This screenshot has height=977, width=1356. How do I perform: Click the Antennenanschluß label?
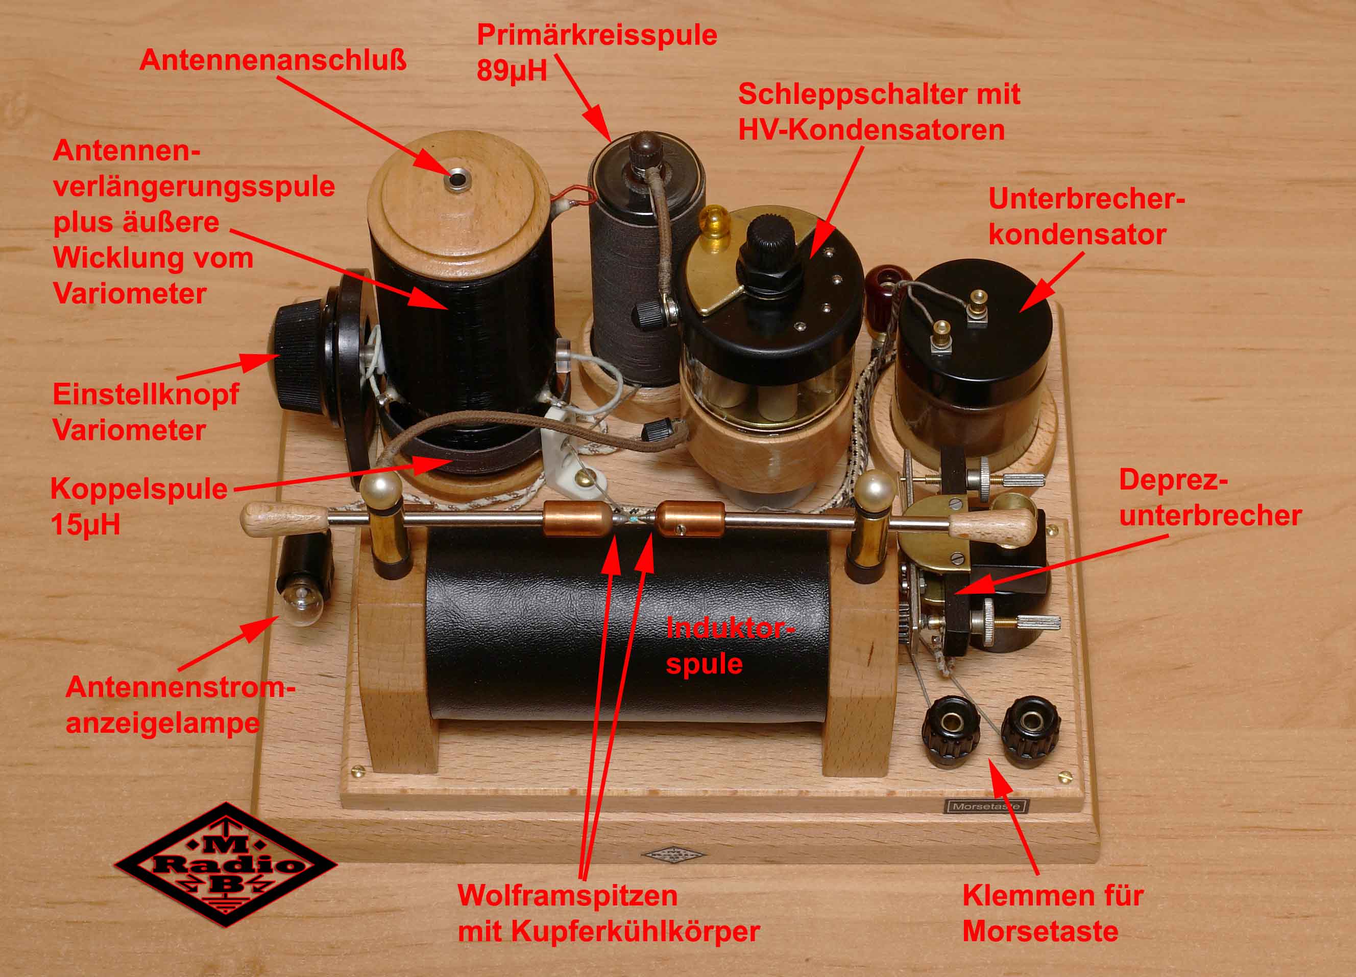pos(273,60)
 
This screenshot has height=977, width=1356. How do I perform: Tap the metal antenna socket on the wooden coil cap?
pos(458,179)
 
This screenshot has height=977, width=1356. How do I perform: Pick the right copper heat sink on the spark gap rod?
pos(691,519)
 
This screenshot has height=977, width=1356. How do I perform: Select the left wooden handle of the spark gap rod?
pos(284,518)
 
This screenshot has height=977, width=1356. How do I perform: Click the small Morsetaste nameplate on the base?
pos(986,806)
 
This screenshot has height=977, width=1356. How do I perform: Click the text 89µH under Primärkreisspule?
pos(511,71)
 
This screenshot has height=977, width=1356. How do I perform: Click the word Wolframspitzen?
pos(567,896)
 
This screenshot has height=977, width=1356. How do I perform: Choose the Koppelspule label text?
pos(139,489)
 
